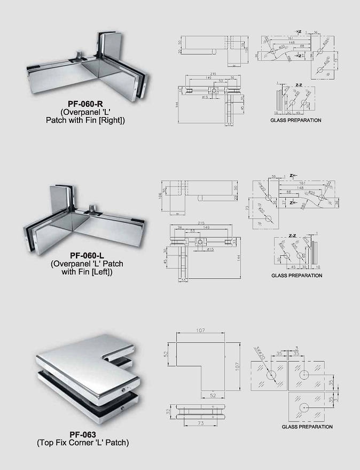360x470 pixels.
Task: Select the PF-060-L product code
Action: pyautogui.click(x=84, y=256)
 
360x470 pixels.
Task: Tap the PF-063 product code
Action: pyautogui.click(x=82, y=435)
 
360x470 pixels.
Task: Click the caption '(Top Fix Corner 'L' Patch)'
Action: pyautogui.click(x=82, y=443)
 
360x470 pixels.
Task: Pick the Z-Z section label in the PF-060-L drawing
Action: pyautogui.click(x=292, y=235)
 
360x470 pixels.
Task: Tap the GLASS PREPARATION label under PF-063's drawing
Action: pyautogui.click(x=307, y=427)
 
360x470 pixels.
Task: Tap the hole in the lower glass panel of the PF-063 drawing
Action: pyautogui.click(x=303, y=408)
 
